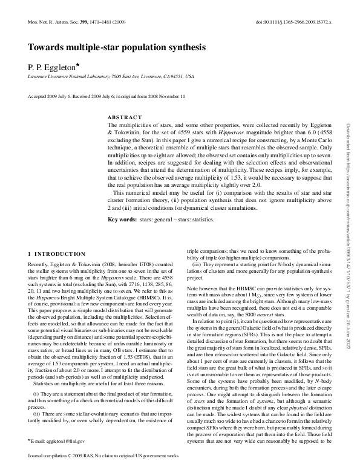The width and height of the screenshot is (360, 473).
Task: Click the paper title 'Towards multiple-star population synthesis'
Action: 117,47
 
